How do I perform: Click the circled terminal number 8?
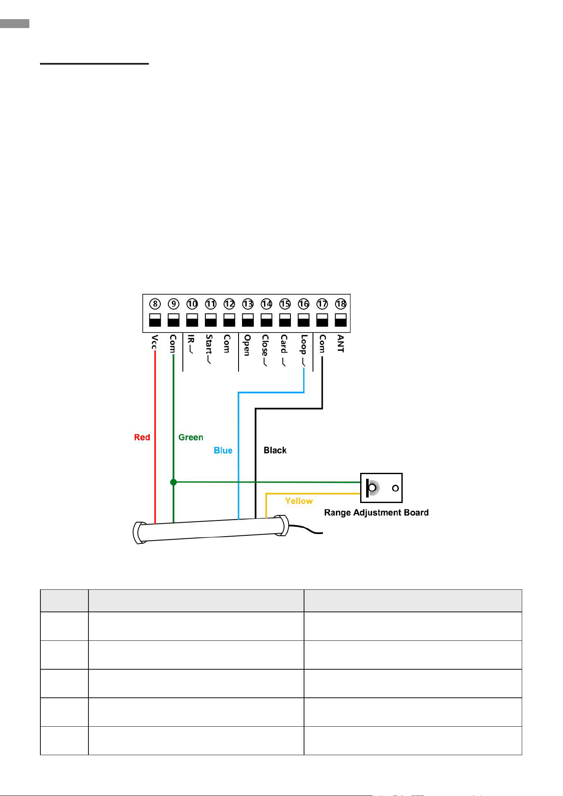click(x=155, y=304)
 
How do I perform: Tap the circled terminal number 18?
click(x=341, y=304)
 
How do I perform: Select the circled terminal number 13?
click(x=248, y=304)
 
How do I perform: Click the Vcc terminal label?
click(x=155, y=342)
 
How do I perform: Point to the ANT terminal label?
click(x=341, y=344)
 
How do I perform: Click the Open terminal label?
click(x=247, y=345)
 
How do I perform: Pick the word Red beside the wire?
click(x=142, y=437)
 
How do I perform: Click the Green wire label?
click(x=191, y=437)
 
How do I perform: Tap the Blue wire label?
click(x=223, y=450)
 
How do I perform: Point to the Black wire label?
click(x=275, y=450)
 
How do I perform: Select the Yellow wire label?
click(x=299, y=501)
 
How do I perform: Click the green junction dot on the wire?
click(x=173, y=482)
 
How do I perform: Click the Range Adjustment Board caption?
click(x=376, y=513)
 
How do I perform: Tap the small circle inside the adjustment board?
click(x=395, y=488)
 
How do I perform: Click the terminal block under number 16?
click(x=304, y=320)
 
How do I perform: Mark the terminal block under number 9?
click(x=173, y=320)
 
